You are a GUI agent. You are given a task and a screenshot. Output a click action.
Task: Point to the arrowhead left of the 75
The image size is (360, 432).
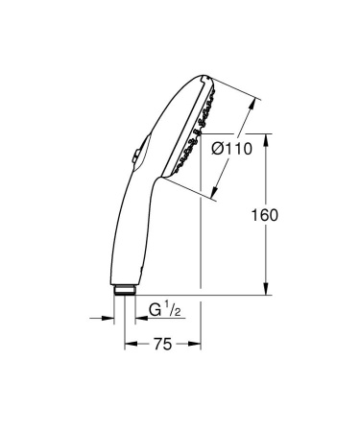pos(127,342)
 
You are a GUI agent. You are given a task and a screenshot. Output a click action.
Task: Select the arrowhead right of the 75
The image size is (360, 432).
pos(196,342)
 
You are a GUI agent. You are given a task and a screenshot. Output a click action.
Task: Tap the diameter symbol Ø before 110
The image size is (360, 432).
pos(216,149)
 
